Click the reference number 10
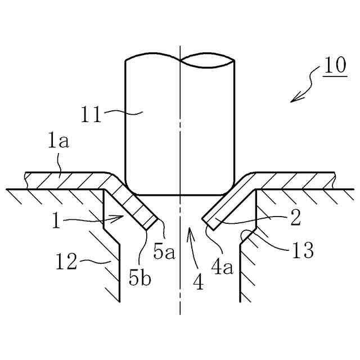click(335, 66)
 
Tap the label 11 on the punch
click(91, 116)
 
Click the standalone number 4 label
click(197, 280)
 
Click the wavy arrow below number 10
click(304, 90)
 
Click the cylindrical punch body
click(180, 129)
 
